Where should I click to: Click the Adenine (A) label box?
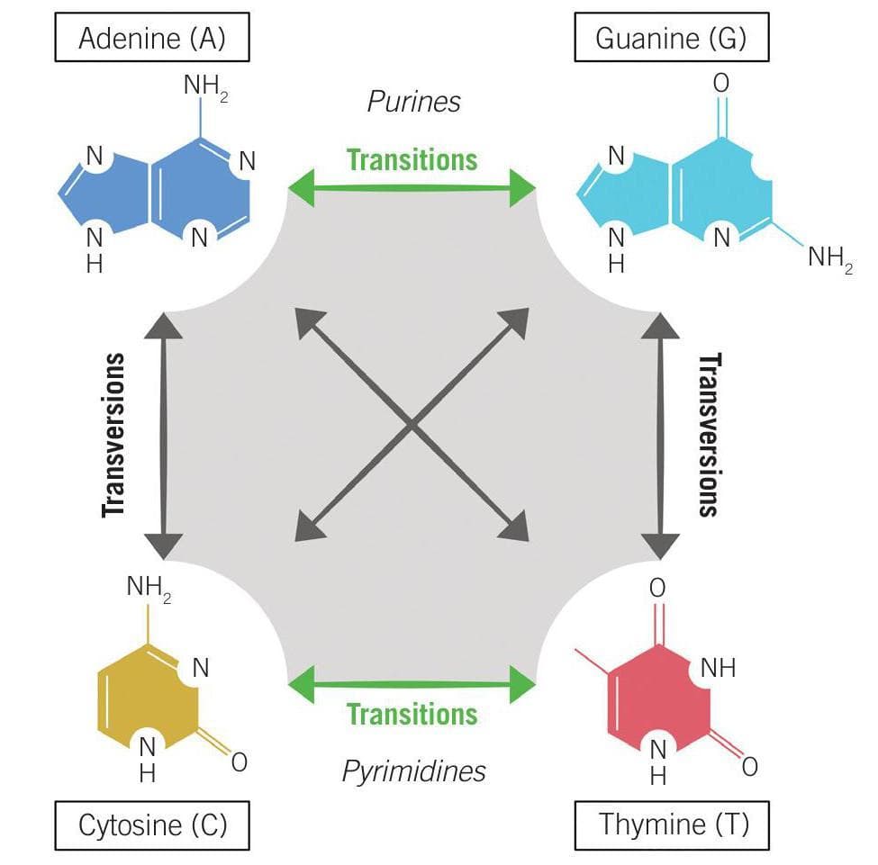click(x=151, y=39)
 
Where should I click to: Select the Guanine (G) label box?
click(x=670, y=39)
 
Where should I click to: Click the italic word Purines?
click(x=413, y=102)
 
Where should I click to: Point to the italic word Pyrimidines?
click(x=413, y=770)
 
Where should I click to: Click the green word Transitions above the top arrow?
click(x=412, y=160)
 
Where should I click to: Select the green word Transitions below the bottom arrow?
click(x=412, y=715)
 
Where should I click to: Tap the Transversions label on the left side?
click(x=113, y=435)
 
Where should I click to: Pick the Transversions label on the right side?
click(x=710, y=435)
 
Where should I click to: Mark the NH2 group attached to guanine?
click(x=829, y=259)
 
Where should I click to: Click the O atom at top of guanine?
click(x=720, y=83)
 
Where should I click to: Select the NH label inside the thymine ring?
click(x=717, y=668)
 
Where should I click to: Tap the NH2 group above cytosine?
click(x=149, y=588)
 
